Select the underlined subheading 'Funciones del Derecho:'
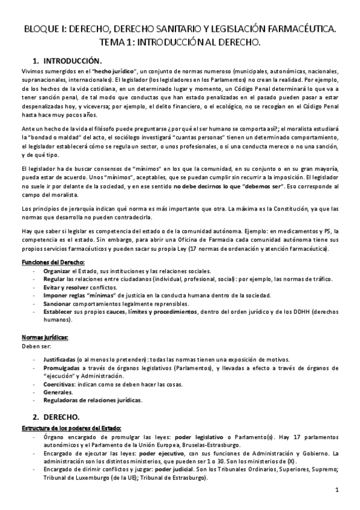point(53,263)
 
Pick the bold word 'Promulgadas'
point(64,367)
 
